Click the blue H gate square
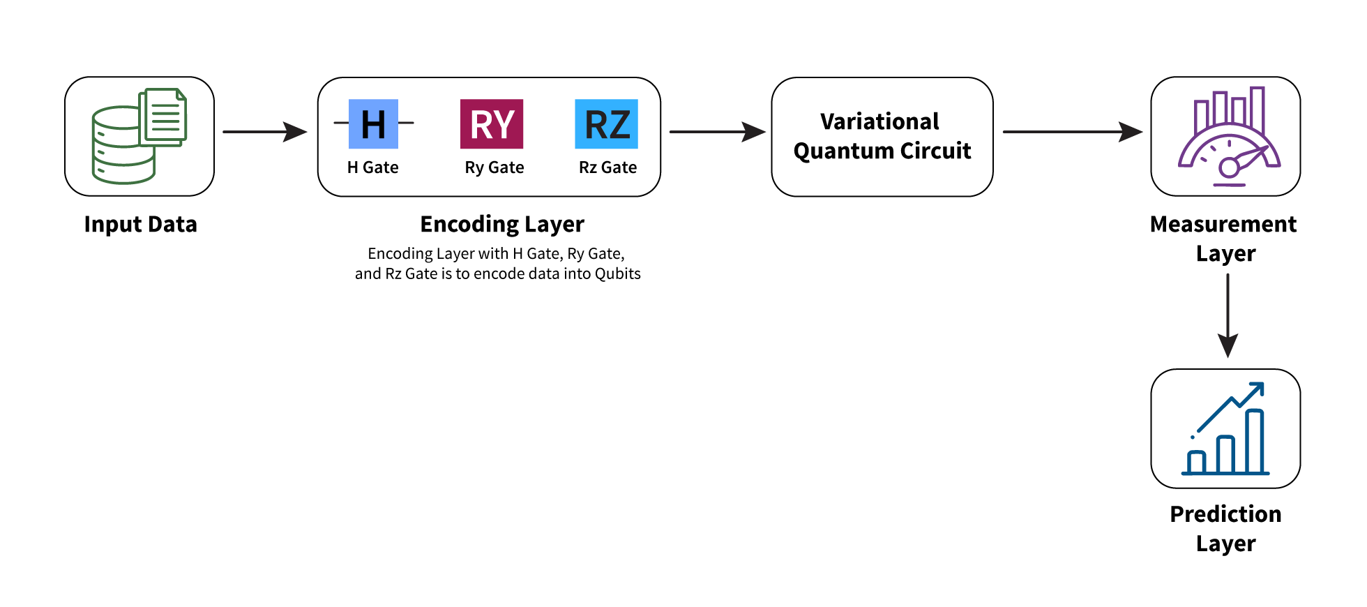point(373,123)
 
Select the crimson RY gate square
point(492,123)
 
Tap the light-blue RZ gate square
point(606,123)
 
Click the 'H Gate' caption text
point(373,167)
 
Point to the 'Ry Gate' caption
point(494,168)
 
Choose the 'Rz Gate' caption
point(608,167)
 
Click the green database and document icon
point(139,135)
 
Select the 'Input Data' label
point(141,225)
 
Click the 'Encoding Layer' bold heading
point(502,225)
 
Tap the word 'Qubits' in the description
point(617,273)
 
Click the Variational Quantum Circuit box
point(882,137)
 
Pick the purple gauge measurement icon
point(1230,137)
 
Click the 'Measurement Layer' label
point(1224,239)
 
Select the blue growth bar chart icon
point(1225,428)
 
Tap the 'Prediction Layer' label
point(1225,529)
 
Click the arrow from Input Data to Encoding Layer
point(265,131)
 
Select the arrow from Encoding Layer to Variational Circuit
point(718,131)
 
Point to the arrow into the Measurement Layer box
point(1073,131)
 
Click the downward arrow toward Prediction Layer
point(1228,315)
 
